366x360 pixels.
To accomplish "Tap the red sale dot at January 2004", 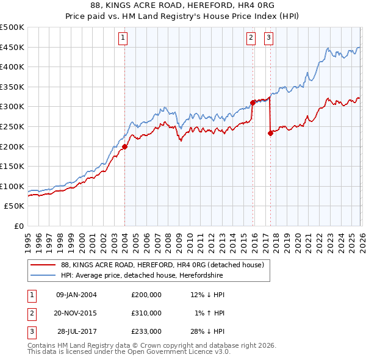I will pos(124,146).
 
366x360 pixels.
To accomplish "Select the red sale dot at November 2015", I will pos(253,103).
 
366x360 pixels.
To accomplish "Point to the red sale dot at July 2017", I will pos(270,133).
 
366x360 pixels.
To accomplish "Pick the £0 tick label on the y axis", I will pos(18,226).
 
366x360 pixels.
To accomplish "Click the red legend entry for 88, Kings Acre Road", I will pos(162,265).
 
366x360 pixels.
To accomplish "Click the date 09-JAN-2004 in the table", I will pos(76,295).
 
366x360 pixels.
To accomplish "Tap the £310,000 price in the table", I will pos(146,313).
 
